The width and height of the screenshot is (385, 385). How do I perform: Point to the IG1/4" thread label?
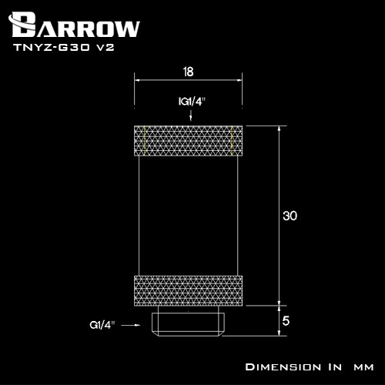[x=189, y=100]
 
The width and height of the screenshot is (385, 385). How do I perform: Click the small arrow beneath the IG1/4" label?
[x=189, y=115]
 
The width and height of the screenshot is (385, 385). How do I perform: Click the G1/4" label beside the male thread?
[x=102, y=325]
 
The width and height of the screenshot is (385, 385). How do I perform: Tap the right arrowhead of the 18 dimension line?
[x=242, y=80]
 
